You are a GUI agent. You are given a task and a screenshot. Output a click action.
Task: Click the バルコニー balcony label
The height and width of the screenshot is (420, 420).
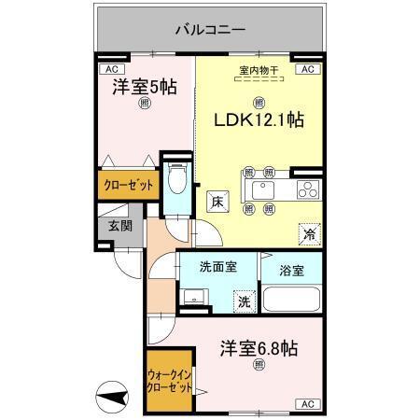click(210, 30)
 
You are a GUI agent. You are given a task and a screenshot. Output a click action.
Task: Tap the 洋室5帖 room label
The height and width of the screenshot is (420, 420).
click(145, 87)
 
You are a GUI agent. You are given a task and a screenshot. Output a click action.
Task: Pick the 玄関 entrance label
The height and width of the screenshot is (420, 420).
click(119, 227)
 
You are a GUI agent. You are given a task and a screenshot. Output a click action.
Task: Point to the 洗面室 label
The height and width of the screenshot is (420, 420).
click(217, 267)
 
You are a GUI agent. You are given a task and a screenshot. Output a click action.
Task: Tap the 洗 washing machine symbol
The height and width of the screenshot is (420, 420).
click(243, 302)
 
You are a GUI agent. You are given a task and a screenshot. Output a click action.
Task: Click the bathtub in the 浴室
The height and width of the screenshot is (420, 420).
click(292, 301)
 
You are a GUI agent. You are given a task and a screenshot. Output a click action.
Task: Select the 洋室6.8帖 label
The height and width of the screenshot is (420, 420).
click(259, 349)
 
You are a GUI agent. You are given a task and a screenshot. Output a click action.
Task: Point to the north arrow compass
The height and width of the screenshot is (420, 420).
click(115, 399)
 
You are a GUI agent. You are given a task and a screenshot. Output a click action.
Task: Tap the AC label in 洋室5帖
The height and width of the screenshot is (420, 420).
click(111, 69)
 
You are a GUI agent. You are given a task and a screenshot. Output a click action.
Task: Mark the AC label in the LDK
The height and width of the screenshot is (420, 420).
click(307, 69)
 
